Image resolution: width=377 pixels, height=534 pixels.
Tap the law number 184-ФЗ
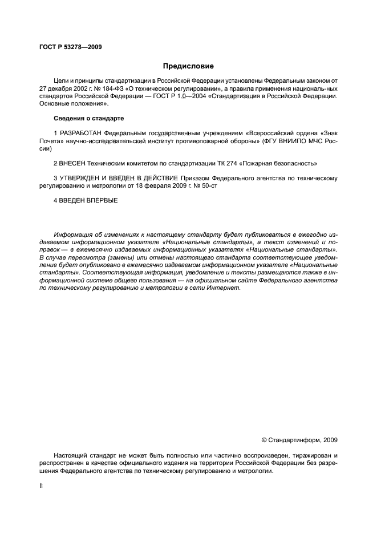point(115,89)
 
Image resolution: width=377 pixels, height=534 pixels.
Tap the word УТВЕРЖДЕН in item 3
point(79,178)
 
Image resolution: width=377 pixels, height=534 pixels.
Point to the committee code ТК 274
point(235,163)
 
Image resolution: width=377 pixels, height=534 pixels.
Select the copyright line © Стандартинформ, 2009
point(299,440)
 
